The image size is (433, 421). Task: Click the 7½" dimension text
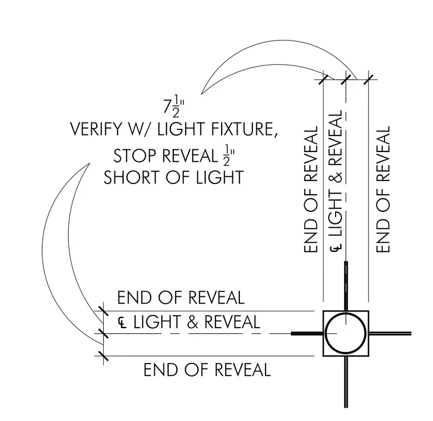(174, 107)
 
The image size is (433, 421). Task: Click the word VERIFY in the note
(96, 129)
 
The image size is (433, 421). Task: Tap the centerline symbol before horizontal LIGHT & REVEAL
(122, 322)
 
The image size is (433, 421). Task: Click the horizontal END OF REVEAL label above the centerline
(181, 297)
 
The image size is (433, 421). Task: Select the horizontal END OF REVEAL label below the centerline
(207, 370)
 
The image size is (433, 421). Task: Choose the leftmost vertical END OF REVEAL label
(311, 189)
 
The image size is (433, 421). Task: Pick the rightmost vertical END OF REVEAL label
(383, 189)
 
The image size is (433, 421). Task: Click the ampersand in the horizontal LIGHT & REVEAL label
(193, 322)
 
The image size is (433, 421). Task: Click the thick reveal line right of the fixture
(390, 334)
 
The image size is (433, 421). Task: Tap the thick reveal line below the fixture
(346, 382)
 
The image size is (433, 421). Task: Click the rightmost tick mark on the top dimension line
(369, 80)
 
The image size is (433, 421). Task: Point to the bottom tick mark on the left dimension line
(103, 356)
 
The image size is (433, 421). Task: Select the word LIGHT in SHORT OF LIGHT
(220, 177)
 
